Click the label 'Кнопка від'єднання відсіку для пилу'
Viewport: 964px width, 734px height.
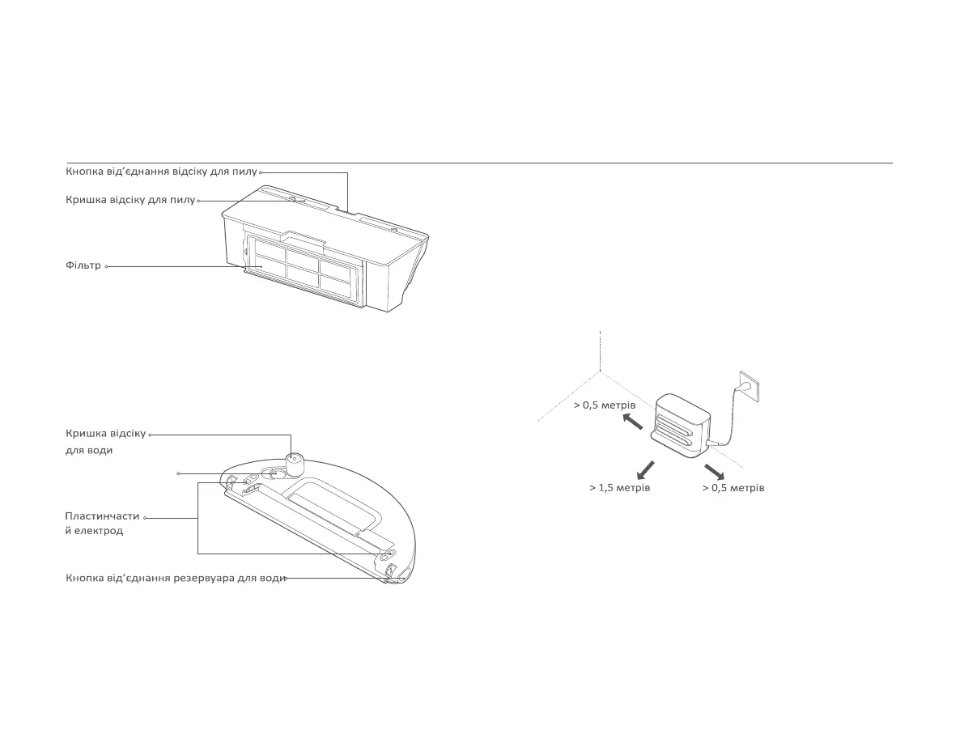click(161, 172)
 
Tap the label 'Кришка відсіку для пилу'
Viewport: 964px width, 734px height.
click(130, 200)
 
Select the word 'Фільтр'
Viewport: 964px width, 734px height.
click(83, 265)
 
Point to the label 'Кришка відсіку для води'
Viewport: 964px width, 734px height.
click(105, 441)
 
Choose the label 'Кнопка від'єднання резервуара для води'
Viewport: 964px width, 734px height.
click(175, 579)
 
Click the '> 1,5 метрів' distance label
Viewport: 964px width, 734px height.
click(619, 488)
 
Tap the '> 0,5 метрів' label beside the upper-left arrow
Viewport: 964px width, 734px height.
click(605, 405)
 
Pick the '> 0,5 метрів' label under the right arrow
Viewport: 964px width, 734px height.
click(733, 488)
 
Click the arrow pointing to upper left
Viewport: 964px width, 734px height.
click(632, 422)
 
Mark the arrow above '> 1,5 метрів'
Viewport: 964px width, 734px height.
click(645, 469)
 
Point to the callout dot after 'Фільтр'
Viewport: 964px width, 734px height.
click(107, 266)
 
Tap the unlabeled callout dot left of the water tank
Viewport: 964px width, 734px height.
click(178, 473)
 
